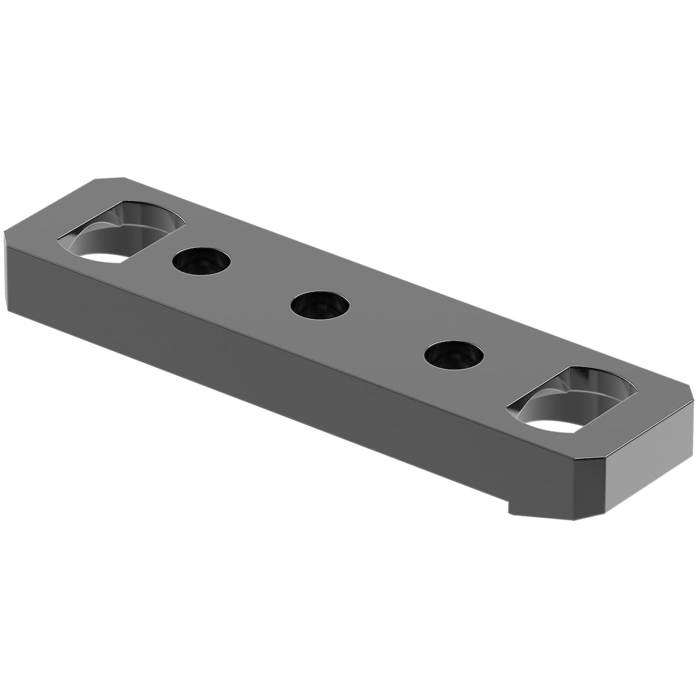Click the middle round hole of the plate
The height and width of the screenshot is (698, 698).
pyautogui.click(x=321, y=305)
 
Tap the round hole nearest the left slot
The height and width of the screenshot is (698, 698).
pyautogui.click(x=201, y=261)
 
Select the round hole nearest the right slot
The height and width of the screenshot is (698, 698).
pyautogui.click(x=454, y=355)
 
